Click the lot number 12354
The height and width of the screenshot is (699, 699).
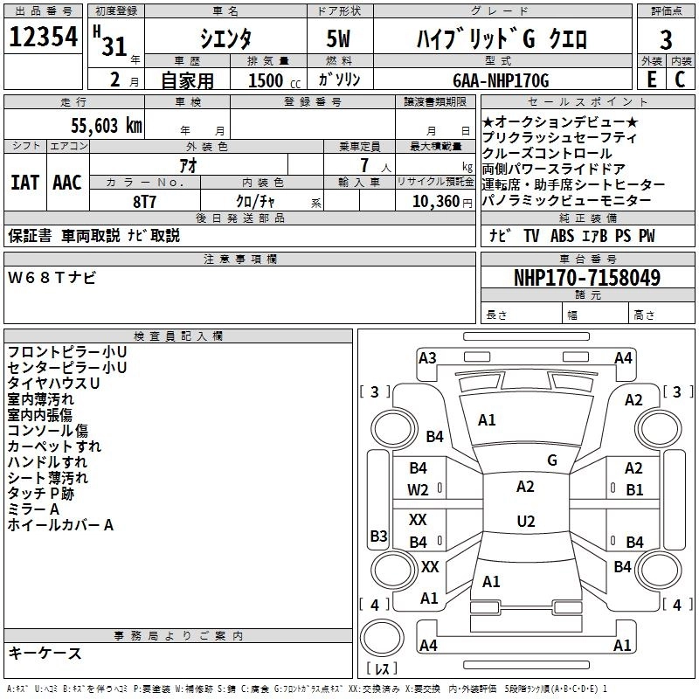[42, 38]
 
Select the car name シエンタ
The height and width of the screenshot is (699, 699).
[225, 39]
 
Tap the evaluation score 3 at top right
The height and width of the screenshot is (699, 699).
[666, 39]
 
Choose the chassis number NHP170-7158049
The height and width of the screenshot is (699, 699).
[586, 278]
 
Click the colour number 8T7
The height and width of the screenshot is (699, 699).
[144, 201]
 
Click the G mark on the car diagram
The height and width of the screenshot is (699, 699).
[551, 460]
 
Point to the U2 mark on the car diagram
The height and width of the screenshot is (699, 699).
[525, 522]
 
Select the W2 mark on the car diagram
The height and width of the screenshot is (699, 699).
[419, 489]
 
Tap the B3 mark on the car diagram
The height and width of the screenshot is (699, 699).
[378, 536]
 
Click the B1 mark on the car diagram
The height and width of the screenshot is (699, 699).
[633, 489]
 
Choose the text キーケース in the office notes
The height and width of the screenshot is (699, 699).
[45, 654]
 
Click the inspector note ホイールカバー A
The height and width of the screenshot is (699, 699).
[60, 525]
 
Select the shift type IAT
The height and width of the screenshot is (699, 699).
[24, 183]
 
